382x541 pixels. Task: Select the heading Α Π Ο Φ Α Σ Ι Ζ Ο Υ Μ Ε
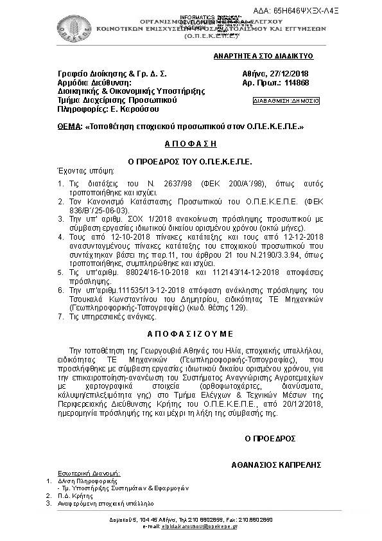pyautogui.click(x=191, y=334)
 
